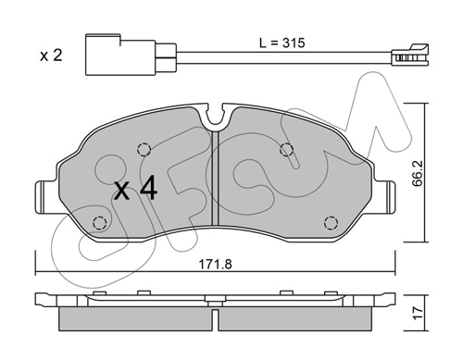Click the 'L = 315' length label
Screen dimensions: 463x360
point(282,43)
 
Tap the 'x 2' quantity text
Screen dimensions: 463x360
point(51,56)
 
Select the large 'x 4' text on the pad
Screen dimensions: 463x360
point(136,190)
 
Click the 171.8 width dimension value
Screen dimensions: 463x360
point(215,264)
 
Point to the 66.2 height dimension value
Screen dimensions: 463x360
point(418,178)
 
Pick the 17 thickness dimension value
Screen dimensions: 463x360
point(418,314)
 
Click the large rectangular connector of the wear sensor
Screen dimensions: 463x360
point(120,55)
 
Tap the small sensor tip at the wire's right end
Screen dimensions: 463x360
point(410,56)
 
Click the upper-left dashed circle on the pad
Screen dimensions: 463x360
point(144,150)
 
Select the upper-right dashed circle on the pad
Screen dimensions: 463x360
point(286,150)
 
